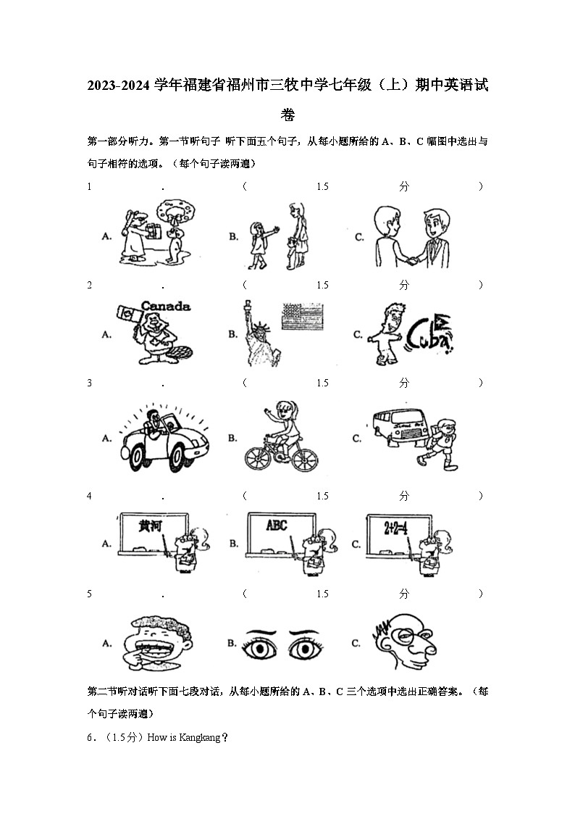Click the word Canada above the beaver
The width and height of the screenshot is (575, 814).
tap(166, 306)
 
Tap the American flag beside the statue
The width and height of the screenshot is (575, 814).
tap(301, 317)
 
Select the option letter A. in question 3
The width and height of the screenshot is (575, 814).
tap(106, 439)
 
